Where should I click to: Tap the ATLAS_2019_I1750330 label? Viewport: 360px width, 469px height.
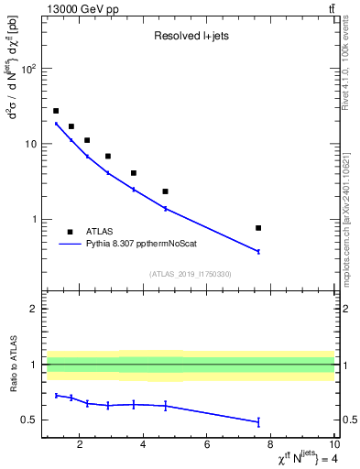tap(191, 274)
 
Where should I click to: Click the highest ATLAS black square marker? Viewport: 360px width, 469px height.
tap(56, 111)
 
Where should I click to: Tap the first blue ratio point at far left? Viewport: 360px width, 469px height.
tap(56, 395)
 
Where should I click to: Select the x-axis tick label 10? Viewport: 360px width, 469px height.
tap(333, 446)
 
